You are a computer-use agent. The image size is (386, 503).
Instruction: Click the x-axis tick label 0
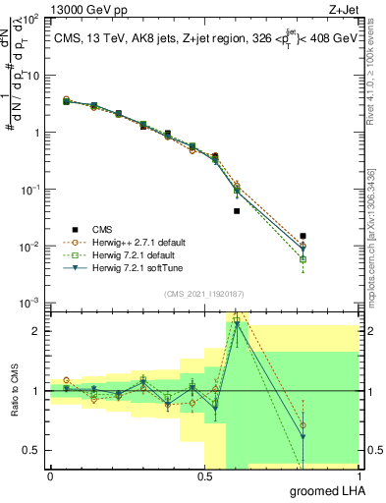point(50,476)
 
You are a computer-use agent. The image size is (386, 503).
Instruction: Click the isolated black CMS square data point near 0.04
point(237,211)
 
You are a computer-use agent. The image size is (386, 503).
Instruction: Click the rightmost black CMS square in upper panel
point(303,236)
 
